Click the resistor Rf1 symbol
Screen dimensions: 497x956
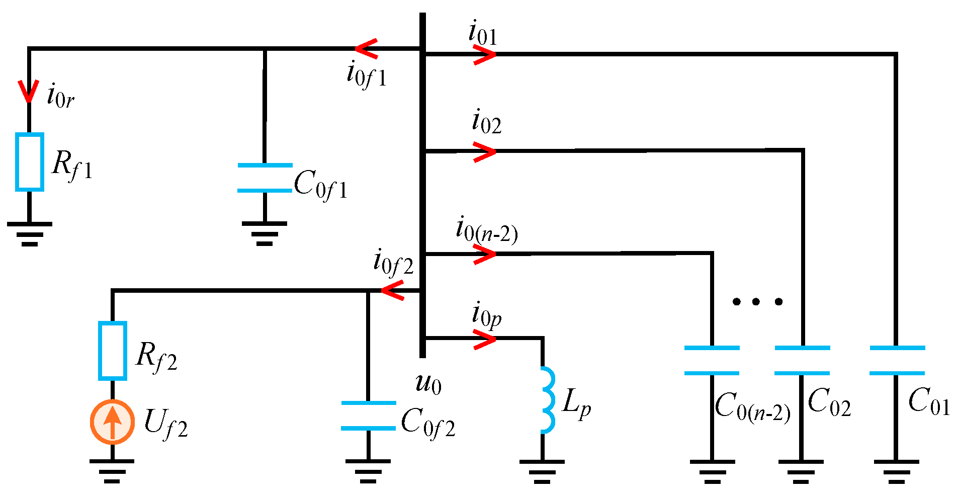(x=29, y=162)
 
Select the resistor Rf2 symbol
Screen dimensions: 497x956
(x=112, y=351)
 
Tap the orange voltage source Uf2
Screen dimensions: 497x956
(x=112, y=422)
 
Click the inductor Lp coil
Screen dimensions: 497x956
(x=547, y=400)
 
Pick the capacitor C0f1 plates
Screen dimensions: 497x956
(x=265, y=178)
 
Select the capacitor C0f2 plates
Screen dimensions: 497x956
(x=368, y=416)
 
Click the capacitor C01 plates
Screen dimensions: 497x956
(x=897, y=360)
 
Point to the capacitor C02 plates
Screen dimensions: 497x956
(x=802, y=360)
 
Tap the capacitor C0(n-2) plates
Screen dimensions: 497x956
(x=712, y=360)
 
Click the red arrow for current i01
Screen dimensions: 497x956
(x=484, y=54)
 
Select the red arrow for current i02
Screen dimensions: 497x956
(x=484, y=151)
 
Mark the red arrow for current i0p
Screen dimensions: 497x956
(x=484, y=339)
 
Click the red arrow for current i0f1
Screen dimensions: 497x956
(x=367, y=49)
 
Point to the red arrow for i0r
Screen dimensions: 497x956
(x=29, y=91)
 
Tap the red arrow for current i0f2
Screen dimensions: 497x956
(x=393, y=290)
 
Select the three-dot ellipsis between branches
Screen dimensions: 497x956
(x=757, y=302)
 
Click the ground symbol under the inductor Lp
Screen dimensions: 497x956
(x=542, y=471)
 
